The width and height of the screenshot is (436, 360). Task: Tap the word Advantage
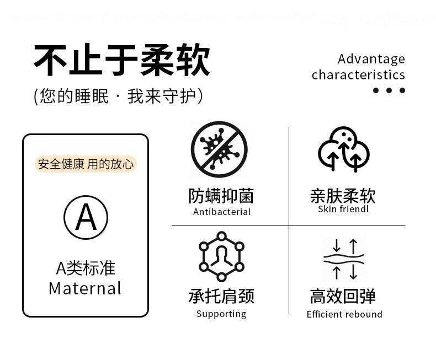point(371,59)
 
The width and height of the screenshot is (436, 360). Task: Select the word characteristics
point(358,75)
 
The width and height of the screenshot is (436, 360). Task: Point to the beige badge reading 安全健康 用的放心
point(86,164)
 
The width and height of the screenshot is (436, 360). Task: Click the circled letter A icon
point(86,217)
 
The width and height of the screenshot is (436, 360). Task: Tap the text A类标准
point(86,268)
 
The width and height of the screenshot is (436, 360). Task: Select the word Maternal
point(85,288)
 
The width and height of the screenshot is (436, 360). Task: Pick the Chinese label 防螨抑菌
point(221,196)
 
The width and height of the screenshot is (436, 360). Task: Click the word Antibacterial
point(222,212)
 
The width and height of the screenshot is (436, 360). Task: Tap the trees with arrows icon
point(343,149)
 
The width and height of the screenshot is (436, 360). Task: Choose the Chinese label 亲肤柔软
point(343,196)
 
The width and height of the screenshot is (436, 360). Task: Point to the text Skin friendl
point(343,209)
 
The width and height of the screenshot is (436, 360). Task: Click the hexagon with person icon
point(221,257)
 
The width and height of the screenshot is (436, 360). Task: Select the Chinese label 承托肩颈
point(221,296)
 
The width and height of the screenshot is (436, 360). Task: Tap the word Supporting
point(221,314)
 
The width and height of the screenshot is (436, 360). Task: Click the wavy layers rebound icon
point(344,259)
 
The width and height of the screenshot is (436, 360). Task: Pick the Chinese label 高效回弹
point(343,296)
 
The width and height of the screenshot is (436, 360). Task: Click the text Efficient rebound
point(344,314)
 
